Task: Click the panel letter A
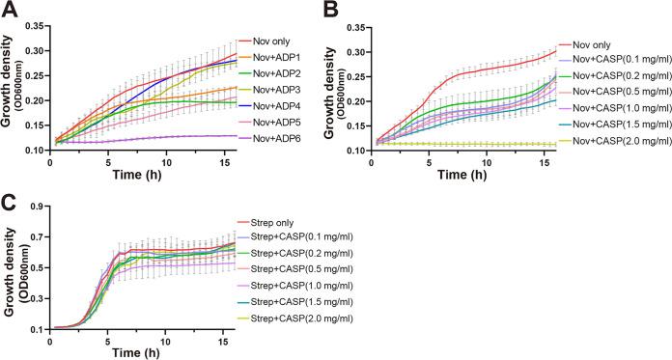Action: pos(10,10)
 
